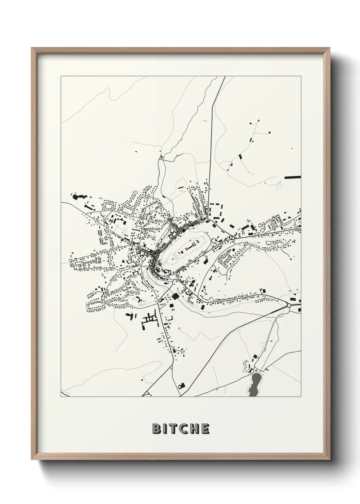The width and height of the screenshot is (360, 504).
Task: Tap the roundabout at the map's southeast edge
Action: pyautogui.click(x=289, y=305)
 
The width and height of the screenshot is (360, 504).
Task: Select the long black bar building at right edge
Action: pyautogui.click(x=293, y=177)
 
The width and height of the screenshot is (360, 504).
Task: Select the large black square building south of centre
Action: pyautogui.click(x=175, y=296)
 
